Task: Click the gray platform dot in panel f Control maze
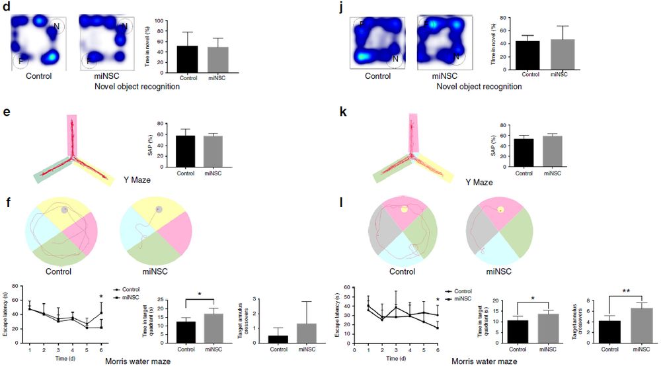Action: (x=64, y=210)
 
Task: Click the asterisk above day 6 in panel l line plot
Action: (x=438, y=300)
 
